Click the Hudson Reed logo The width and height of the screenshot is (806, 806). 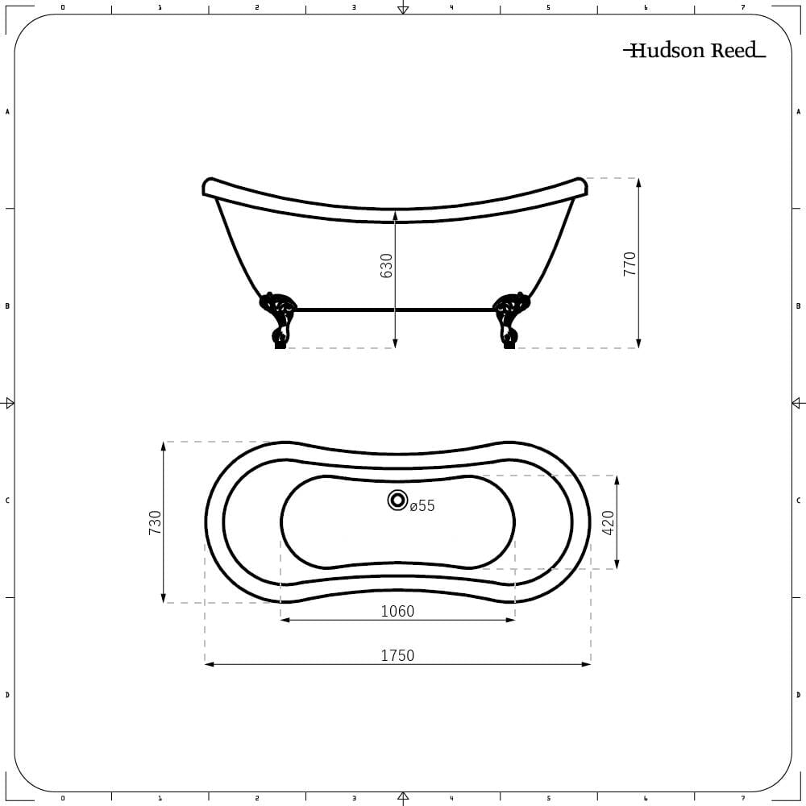pyautogui.click(x=695, y=50)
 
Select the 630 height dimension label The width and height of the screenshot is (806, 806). pyautogui.click(x=386, y=266)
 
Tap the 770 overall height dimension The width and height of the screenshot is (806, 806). pyautogui.click(x=629, y=264)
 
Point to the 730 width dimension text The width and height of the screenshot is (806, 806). pyautogui.click(x=155, y=522)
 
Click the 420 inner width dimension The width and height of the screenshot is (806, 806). pyautogui.click(x=608, y=523)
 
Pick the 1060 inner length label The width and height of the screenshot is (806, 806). pyautogui.click(x=397, y=611)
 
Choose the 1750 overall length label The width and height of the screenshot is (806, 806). pyautogui.click(x=397, y=655)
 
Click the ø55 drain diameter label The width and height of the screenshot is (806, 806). pyautogui.click(x=422, y=506)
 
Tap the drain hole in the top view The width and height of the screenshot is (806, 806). pyautogui.click(x=397, y=500)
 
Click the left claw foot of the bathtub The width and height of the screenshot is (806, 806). pyautogui.click(x=278, y=320)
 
